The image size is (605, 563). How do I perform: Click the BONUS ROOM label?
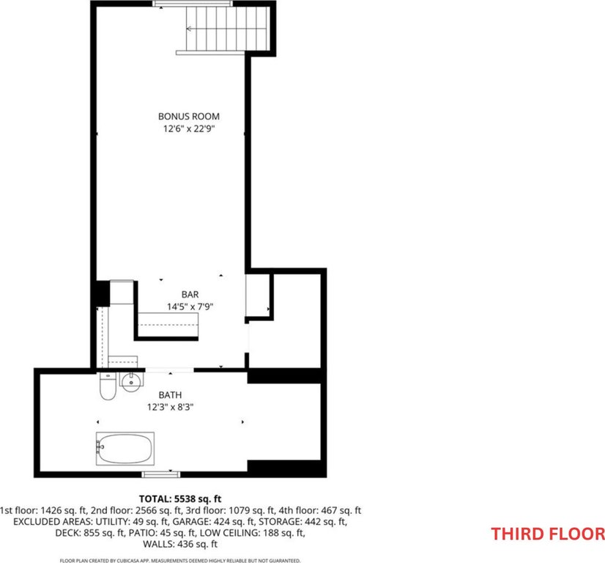pyautogui.click(x=189, y=117)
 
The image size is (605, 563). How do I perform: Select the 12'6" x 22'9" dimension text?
pyautogui.click(x=189, y=128)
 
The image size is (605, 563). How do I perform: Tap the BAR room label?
pyautogui.click(x=190, y=295)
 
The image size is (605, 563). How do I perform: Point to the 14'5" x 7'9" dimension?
pyautogui.click(x=190, y=307)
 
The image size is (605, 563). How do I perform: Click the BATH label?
pyautogui.click(x=170, y=395)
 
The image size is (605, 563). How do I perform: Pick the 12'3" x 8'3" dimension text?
pyautogui.click(x=170, y=407)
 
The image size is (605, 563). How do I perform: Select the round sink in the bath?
pyautogui.click(x=132, y=381)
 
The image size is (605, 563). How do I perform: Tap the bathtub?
pyautogui.click(x=125, y=449)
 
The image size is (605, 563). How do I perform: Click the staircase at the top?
pyautogui.click(x=228, y=29)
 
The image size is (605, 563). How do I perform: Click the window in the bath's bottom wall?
pyautogui.click(x=161, y=474)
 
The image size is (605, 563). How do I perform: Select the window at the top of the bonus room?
pyautogui.click(x=193, y=4)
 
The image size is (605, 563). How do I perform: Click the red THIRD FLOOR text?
pyautogui.click(x=548, y=534)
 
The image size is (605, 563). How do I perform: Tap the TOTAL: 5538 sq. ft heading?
pyautogui.click(x=180, y=498)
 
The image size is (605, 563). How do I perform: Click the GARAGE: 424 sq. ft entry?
pyautogui.click(x=213, y=522)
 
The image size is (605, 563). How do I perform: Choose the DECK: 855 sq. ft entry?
pyautogui.click(x=90, y=533)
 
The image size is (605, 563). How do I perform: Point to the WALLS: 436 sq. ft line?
pyautogui.click(x=180, y=545)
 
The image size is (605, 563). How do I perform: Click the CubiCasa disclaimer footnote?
pyautogui.click(x=180, y=560)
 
